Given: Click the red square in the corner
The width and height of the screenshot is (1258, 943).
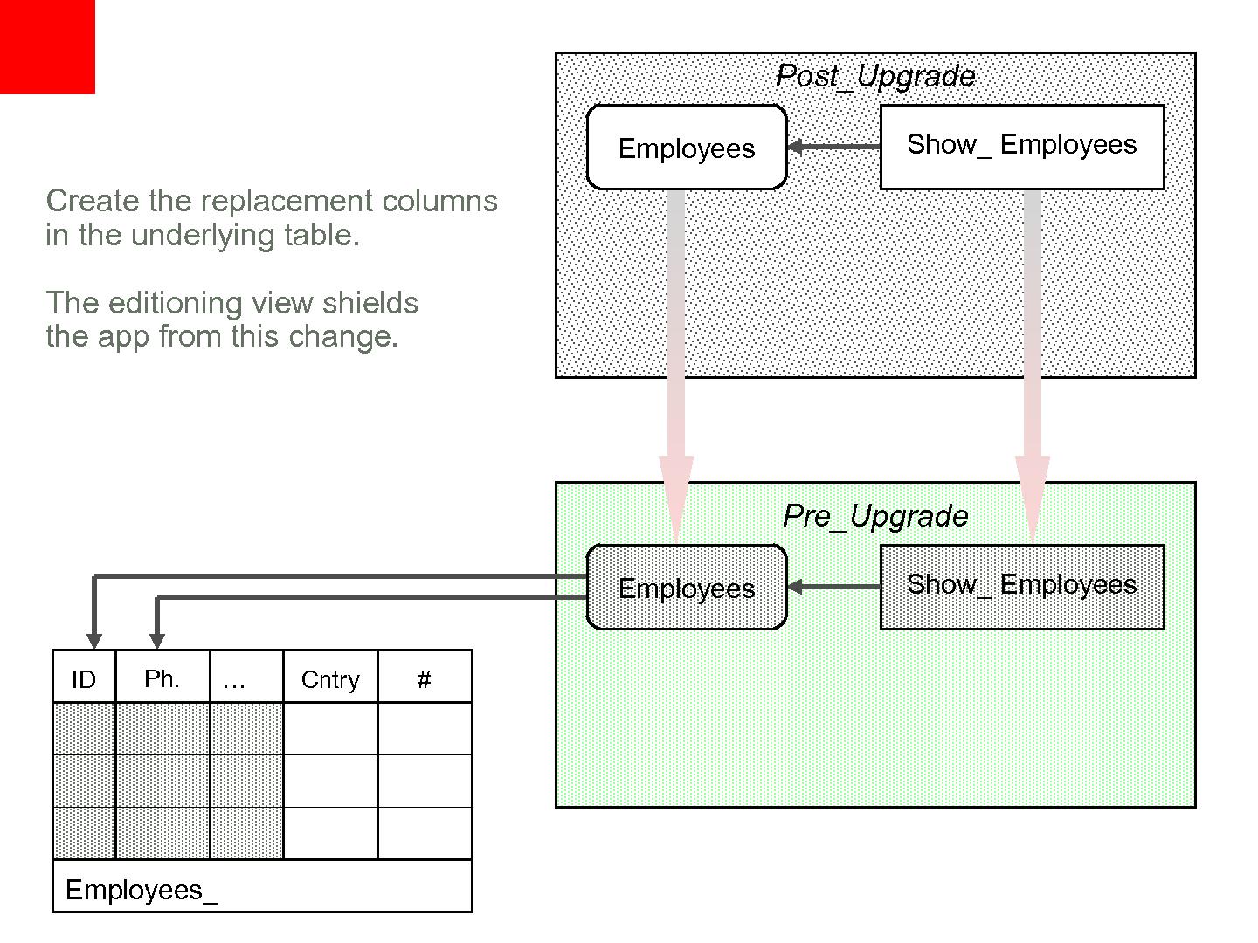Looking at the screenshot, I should pyautogui.click(x=47, y=46).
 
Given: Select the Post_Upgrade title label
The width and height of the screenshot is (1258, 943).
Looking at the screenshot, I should pyautogui.click(x=875, y=76).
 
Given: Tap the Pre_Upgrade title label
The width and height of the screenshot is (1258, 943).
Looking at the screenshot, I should pyautogui.click(x=875, y=516).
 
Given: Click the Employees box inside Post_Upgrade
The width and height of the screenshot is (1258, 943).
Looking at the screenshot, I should pyautogui.click(x=687, y=148).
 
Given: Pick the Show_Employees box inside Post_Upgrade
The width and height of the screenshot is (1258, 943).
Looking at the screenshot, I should pyautogui.click(x=1022, y=147).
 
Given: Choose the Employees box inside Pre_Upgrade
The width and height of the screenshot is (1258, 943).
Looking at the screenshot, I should pyautogui.click(x=687, y=588).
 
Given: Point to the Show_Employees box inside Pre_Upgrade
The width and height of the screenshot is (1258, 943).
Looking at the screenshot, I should pyautogui.click(x=1022, y=587).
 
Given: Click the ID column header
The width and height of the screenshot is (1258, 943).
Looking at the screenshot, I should pyautogui.click(x=84, y=678).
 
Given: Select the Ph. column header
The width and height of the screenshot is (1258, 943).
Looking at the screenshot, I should pyautogui.click(x=162, y=678).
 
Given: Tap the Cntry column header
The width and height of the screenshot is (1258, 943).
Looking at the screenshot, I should pyautogui.click(x=330, y=678).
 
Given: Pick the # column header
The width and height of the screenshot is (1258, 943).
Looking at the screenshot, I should pyautogui.click(x=425, y=678).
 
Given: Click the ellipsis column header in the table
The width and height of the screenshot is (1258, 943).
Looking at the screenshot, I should pyautogui.click(x=234, y=678).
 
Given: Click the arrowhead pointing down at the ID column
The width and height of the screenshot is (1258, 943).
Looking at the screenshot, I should pyautogui.click(x=94, y=641).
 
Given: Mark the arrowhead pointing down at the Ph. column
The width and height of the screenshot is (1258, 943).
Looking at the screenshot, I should pyautogui.click(x=157, y=641).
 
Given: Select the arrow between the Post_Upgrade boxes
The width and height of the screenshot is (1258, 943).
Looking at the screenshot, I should pyautogui.click(x=833, y=147).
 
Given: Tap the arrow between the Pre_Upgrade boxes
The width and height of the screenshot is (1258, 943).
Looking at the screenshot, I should pyautogui.click(x=833, y=587).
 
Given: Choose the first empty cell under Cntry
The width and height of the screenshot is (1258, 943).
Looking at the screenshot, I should pyautogui.click(x=330, y=729).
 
